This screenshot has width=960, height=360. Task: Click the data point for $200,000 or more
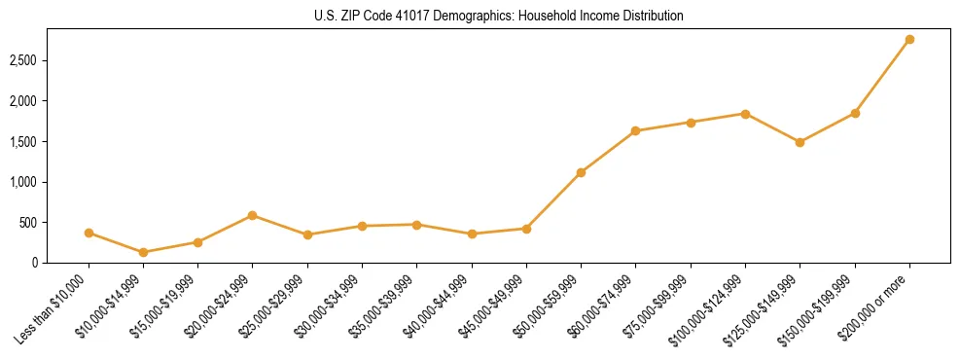[909, 39]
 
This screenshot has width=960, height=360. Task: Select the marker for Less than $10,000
[89, 233]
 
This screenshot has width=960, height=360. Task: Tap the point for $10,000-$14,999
[144, 252]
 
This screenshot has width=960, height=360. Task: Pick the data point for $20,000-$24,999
[253, 215]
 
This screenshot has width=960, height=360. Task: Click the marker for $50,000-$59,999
[581, 172]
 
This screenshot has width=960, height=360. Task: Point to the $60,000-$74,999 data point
[636, 130]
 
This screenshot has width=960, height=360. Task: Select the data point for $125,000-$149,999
[800, 142]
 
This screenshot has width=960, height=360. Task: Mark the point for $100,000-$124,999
[745, 114]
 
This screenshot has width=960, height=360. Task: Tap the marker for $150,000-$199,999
[855, 113]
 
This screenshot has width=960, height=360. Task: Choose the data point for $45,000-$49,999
[526, 229]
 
